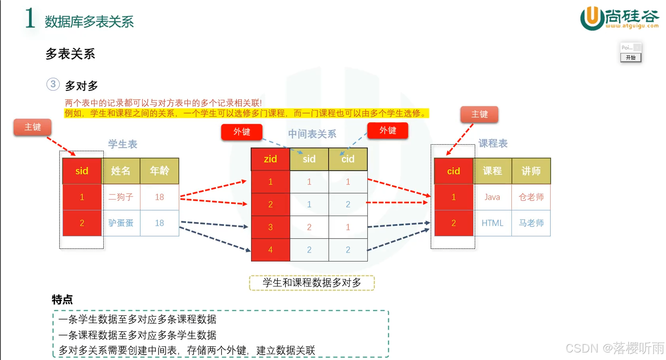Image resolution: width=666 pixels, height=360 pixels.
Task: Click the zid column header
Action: (x=270, y=159)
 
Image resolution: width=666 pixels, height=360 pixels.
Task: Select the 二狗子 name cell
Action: (x=121, y=197)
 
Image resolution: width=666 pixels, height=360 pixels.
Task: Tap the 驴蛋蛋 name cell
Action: (x=121, y=223)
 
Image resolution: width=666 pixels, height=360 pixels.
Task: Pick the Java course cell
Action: (x=492, y=197)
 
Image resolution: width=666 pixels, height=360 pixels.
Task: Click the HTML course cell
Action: (x=492, y=223)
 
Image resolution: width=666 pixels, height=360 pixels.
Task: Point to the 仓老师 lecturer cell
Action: (x=531, y=197)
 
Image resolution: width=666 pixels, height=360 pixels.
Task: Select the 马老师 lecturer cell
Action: (x=531, y=223)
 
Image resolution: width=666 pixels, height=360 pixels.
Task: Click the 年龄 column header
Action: (x=159, y=171)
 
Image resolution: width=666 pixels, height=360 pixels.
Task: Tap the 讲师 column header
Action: (x=531, y=171)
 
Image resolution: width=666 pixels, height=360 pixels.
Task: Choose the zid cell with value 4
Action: (x=270, y=250)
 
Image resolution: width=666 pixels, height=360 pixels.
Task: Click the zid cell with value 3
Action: (x=270, y=227)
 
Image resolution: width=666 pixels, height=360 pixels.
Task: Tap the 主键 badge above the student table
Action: (x=33, y=127)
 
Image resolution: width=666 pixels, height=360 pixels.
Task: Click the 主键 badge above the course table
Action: (x=479, y=114)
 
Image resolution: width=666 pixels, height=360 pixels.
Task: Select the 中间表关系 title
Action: (x=312, y=134)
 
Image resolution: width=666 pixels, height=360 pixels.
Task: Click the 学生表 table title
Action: (x=123, y=144)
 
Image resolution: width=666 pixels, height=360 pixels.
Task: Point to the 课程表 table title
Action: (x=493, y=143)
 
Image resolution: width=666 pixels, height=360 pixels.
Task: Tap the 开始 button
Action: (x=631, y=58)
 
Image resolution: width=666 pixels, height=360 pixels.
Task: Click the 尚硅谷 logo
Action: (x=619, y=18)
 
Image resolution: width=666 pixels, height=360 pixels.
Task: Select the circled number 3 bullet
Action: (x=53, y=84)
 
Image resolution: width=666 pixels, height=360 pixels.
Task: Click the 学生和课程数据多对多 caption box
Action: (x=312, y=283)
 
